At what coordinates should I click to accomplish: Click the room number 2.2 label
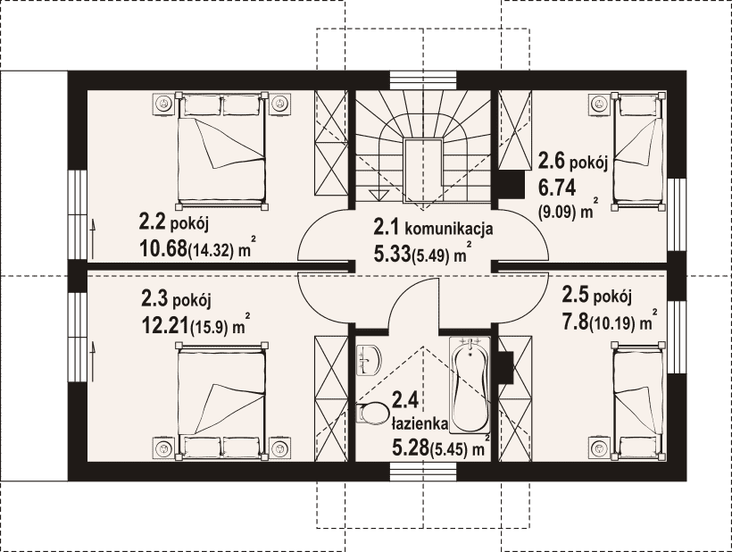pyautogui.click(x=152, y=222)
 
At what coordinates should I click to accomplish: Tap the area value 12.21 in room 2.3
pyautogui.click(x=164, y=325)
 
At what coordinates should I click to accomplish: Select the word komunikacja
pyautogui.click(x=448, y=229)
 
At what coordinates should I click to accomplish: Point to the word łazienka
pyautogui.click(x=420, y=423)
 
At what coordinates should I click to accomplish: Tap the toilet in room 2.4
pyautogui.click(x=373, y=414)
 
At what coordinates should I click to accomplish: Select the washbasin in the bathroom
pyautogui.click(x=369, y=361)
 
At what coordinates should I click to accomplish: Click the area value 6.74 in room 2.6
pyautogui.click(x=557, y=188)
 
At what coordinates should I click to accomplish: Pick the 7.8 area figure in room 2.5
pyautogui.click(x=575, y=322)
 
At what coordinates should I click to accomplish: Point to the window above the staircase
pyautogui.click(x=423, y=79)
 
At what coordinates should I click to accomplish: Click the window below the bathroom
pyautogui.click(x=423, y=472)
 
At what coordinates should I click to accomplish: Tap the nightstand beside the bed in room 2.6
pyautogui.click(x=600, y=104)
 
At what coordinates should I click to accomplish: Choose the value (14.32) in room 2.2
pyautogui.click(x=210, y=251)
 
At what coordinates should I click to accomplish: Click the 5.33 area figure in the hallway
pyautogui.click(x=392, y=254)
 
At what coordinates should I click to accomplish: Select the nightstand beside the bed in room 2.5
pyautogui.click(x=600, y=448)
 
